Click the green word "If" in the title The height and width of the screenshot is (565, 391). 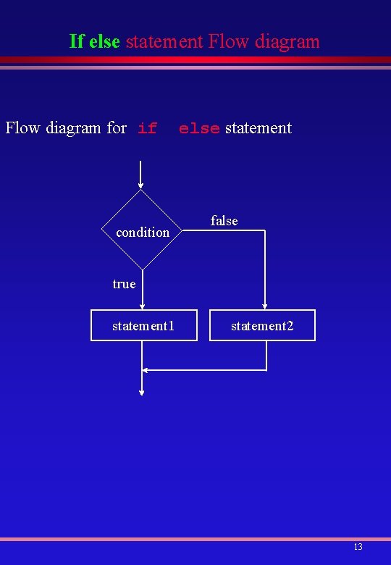pos(77,41)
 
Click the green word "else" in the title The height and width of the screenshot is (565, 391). pos(104,41)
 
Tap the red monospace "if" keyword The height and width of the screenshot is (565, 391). pos(147,129)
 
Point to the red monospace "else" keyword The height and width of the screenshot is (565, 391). pos(199,129)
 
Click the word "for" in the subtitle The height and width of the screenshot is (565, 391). pos(117,128)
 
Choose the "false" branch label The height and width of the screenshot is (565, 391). pos(224,220)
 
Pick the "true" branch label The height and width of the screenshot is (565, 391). pos(124,284)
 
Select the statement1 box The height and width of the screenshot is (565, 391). pos(143,325)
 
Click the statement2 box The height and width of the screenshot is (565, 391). pos(262,325)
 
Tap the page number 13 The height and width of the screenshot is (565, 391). pos(358,547)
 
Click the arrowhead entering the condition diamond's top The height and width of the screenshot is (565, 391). pos(141,185)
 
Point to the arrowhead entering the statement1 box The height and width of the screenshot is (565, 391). pos(142,306)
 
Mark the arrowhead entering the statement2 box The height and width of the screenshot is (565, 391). pos(266,306)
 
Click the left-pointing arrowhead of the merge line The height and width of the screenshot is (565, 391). pos(146,370)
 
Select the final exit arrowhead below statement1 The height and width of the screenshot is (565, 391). pos(142,392)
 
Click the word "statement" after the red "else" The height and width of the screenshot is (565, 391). pos(258,128)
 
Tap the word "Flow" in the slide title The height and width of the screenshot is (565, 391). pos(227,41)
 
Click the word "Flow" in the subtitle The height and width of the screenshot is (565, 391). pos(23,128)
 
